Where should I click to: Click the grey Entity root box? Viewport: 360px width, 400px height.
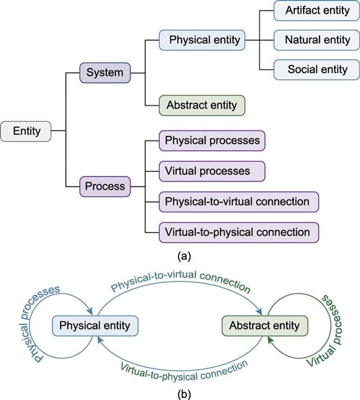[x=26, y=131]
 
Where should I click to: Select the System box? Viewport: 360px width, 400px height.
[x=105, y=72]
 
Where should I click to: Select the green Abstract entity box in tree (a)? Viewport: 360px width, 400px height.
[x=202, y=104]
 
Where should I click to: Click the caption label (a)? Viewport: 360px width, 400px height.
[x=184, y=256]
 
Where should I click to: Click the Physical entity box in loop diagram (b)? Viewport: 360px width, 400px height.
[x=94, y=325]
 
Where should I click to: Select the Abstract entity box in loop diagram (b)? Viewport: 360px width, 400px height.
[x=265, y=325]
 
